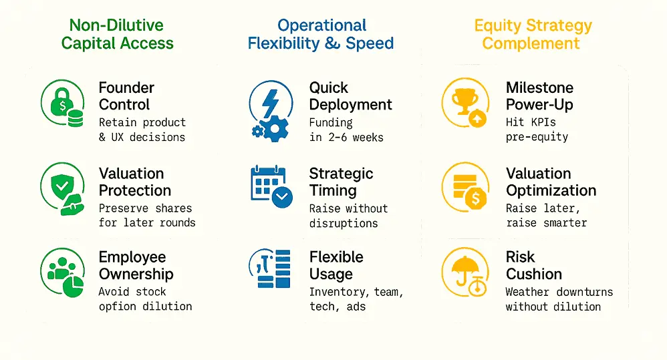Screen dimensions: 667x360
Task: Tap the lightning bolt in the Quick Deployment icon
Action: pos(270,103)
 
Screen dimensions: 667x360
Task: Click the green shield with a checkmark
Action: pos(62,186)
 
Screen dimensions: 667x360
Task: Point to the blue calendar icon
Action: pos(271,186)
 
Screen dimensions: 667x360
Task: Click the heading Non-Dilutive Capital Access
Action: pos(117,34)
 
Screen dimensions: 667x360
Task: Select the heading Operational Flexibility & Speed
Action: pos(321,34)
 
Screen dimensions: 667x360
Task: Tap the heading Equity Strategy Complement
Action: pos(533,34)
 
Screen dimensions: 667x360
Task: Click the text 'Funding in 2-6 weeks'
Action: pos(346,130)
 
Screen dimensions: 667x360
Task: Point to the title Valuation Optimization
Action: pos(551,182)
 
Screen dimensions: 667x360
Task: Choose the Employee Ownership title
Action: pos(136,266)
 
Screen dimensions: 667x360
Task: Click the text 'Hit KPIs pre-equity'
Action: pos(537,130)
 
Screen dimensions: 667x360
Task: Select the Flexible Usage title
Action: pos(336,266)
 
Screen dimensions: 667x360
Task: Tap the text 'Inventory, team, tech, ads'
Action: pos(356,299)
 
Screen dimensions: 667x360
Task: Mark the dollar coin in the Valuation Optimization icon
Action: pos(476,198)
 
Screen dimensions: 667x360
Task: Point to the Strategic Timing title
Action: pos(341,182)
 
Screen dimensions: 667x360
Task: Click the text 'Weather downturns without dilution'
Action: pos(559,299)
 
